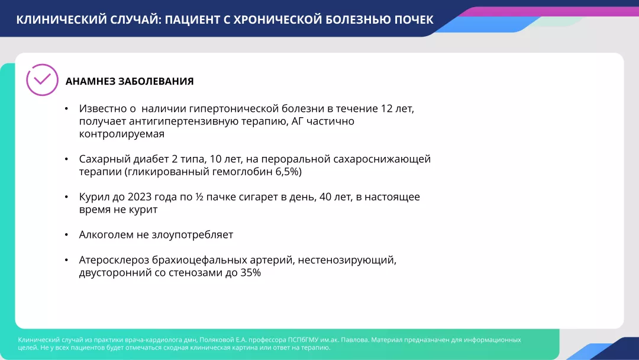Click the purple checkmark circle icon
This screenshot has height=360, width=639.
(43, 80)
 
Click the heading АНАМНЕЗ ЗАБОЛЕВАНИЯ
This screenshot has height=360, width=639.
(130, 82)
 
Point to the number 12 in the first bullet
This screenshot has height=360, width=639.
(387, 109)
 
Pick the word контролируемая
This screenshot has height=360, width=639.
(122, 134)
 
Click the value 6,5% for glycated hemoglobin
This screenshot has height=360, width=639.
(289, 172)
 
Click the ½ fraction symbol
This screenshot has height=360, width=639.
(199, 197)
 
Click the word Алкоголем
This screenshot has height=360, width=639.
(106, 235)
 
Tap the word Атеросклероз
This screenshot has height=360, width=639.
(114, 261)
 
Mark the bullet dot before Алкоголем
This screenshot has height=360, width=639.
(67, 235)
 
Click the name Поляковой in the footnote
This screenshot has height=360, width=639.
(220, 340)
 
